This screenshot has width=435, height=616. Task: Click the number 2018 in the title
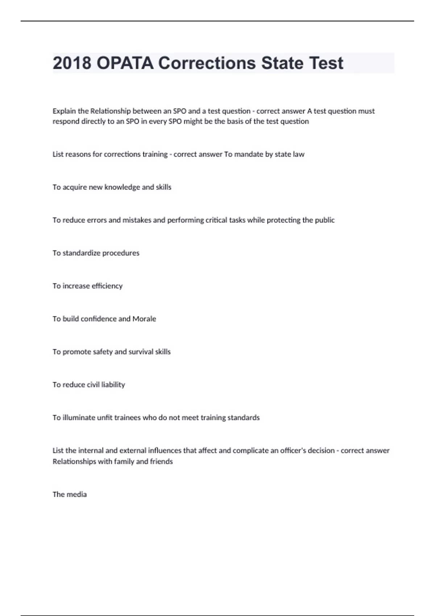tap(72, 63)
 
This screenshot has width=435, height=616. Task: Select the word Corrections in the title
tap(207, 63)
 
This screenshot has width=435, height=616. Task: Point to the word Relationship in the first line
tap(110, 111)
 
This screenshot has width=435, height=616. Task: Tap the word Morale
tap(144, 319)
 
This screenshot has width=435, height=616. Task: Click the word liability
tap(113, 385)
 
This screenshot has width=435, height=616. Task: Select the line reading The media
tap(70, 495)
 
